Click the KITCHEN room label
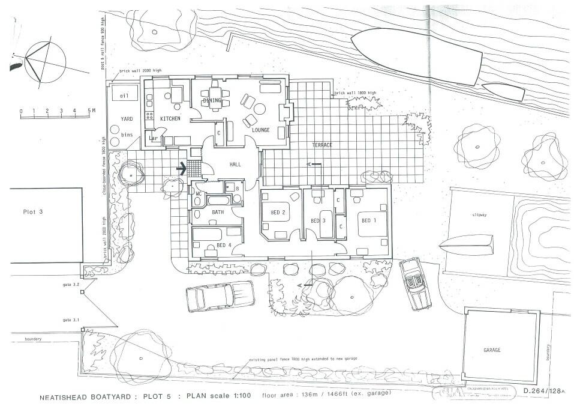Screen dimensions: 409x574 click(x=170, y=119)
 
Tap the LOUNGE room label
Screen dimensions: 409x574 click(x=260, y=130)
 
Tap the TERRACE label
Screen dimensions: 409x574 click(x=321, y=145)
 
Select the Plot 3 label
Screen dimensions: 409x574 click(x=34, y=212)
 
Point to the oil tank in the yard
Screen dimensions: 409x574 click(x=124, y=96)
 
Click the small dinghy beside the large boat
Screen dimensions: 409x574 click(x=503, y=92)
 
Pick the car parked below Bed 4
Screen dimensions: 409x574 click(x=220, y=296)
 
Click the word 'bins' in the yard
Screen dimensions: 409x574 click(x=127, y=135)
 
